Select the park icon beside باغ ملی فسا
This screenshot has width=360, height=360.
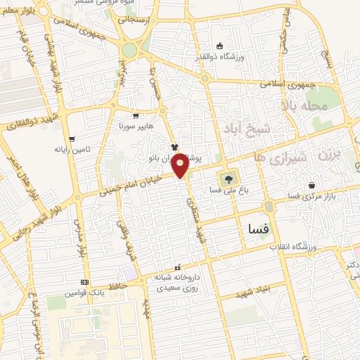(226, 178)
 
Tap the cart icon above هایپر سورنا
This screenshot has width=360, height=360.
(135, 115)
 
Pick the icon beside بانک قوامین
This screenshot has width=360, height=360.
(84, 282)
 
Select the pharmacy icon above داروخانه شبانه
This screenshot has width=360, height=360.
(177, 267)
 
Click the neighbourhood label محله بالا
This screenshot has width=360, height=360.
(305, 105)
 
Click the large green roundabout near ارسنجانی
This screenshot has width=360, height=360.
(129, 51)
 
